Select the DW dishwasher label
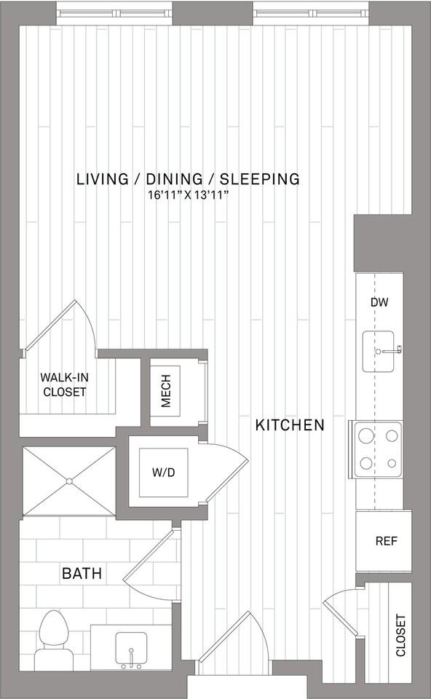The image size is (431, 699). click(379, 302)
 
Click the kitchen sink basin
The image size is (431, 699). click(378, 351)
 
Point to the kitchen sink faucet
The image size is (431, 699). click(390, 350)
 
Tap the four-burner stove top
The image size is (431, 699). click(378, 449)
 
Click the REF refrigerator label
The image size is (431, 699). click(386, 541)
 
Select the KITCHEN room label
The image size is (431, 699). click(290, 424)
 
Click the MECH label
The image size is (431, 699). click(166, 391)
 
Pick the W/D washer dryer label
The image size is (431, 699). click(164, 473)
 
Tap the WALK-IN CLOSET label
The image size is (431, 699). click(65, 384)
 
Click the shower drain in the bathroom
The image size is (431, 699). click(70, 481)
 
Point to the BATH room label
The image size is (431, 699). click(82, 573)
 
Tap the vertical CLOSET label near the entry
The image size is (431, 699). click(400, 635)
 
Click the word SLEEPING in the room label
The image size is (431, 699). click(260, 179)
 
